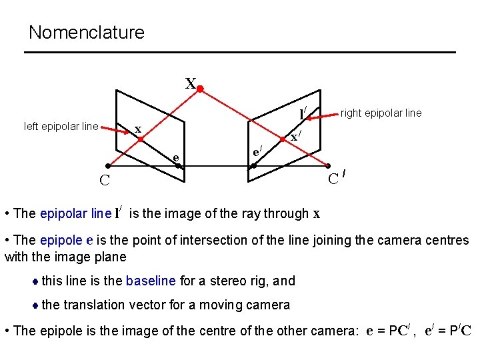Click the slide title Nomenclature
[86, 33]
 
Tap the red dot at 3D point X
[199, 87]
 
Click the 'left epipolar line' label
[61, 126]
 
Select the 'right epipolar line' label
[381, 113]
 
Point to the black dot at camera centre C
[107, 165]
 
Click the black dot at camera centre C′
[329, 165]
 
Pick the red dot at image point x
[141, 139]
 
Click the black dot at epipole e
[178, 165]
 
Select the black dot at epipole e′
[253, 165]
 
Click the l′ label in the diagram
[303, 114]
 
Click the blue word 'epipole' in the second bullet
[62, 240]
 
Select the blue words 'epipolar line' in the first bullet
[75, 213]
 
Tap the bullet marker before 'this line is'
[35, 281]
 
